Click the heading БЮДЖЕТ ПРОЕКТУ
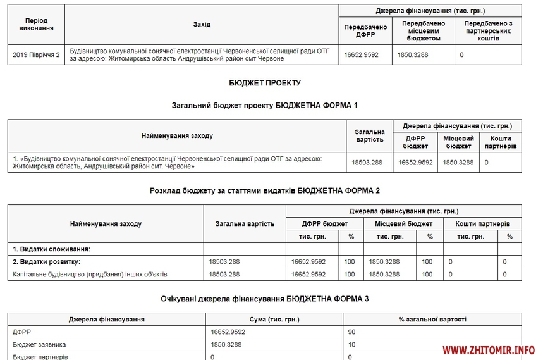(265, 83)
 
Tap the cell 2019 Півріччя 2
(36, 54)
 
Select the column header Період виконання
(36, 25)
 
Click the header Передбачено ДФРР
(365, 31)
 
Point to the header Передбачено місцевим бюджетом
(424, 31)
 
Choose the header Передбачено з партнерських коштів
(489, 31)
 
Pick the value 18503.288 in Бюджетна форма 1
(367, 163)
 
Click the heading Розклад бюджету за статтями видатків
(265, 190)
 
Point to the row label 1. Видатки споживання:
(52, 249)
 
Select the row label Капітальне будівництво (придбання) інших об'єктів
(90, 275)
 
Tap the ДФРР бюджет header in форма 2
(324, 223)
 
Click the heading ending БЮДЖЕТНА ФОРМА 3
(265, 299)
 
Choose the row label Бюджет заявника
(39, 345)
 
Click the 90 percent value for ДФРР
(352, 332)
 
